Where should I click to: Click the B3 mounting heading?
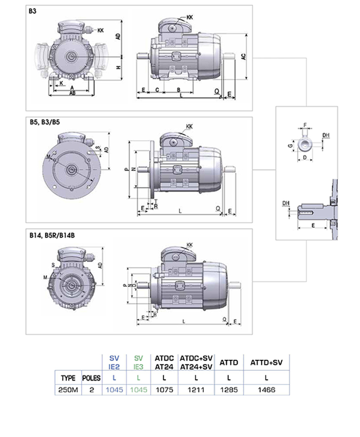click(x=32, y=10)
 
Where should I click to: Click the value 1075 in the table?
click(x=163, y=390)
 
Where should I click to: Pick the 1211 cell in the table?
click(x=196, y=390)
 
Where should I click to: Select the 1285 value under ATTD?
click(x=228, y=390)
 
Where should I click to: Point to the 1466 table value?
click(x=266, y=390)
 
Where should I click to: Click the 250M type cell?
click(x=68, y=390)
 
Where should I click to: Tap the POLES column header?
click(x=91, y=378)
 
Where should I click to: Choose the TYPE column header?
click(x=68, y=378)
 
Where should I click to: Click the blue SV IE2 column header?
click(x=114, y=362)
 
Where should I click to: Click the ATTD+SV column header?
click(x=266, y=362)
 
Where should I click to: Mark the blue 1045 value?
click(x=114, y=390)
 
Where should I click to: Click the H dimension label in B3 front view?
click(x=118, y=68)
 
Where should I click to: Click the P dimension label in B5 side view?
click(x=125, y=168)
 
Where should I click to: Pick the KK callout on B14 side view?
click(x=189, y=245)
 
